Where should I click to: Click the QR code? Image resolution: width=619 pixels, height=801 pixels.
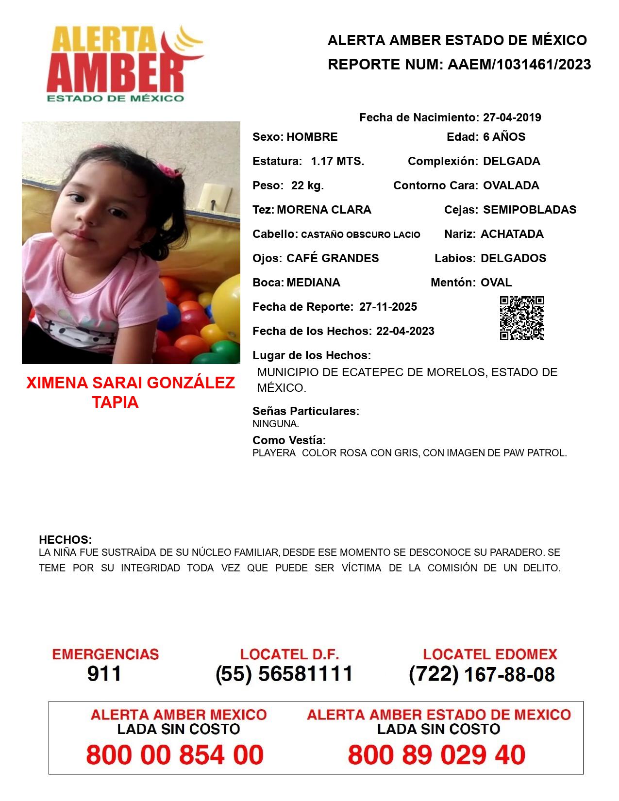(x=522, y=318)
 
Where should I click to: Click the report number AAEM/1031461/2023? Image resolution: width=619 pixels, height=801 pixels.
(x=519, y=65)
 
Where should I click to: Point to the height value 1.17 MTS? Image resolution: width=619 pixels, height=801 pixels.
(x=337, y=161)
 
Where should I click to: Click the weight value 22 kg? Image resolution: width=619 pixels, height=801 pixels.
(x=307, y=185)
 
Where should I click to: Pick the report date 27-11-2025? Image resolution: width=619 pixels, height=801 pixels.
(x=388, y=307)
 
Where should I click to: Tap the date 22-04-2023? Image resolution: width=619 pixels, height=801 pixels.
(x=405, y=331)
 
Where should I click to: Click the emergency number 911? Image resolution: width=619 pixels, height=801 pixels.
(x=104, y=674)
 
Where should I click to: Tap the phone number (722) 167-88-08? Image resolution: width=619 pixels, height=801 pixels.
(x=482, y=674)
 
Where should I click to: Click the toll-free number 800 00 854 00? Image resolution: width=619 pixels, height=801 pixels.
(x=175, y=755)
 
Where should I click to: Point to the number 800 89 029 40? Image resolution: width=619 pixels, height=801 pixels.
(x=436, y=755)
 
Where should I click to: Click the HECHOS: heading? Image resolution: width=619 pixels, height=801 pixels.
(x=65, y=540)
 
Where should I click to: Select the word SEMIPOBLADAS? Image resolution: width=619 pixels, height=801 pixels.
(x=530, y=210)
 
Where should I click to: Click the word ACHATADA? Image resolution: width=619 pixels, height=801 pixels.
(x=512, y=234)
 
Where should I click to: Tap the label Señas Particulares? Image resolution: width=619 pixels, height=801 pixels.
(x=306, y=411)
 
